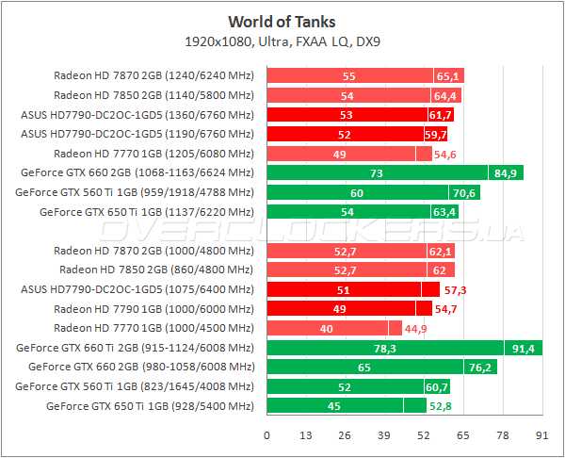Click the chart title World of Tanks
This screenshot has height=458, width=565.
(x=282, y=21)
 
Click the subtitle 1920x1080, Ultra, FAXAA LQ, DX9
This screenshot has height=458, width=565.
(x=282, y=41)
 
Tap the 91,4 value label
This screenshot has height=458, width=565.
(x=524, y=349)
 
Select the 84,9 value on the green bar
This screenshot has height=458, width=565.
(x=506, y=172)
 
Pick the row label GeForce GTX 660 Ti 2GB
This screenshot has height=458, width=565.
(x=136, y=349)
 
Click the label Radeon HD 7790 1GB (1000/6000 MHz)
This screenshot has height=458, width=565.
(x=153, y=309)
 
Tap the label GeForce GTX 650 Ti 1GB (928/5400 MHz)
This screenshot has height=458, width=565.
(x=150, y=406)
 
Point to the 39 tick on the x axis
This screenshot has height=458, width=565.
(x=384, y=435)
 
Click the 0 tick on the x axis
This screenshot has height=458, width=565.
(x=267, y=435)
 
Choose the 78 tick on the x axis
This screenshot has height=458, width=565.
(x=502, y=435)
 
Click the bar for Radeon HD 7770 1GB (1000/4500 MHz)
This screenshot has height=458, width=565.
(x=327, y=328)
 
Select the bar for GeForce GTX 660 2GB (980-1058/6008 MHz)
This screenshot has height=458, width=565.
(x=363, y=368)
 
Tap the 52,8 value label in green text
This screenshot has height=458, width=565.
(x=441, y=406)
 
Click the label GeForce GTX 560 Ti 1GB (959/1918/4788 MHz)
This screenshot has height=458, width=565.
(x=135, y=192)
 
